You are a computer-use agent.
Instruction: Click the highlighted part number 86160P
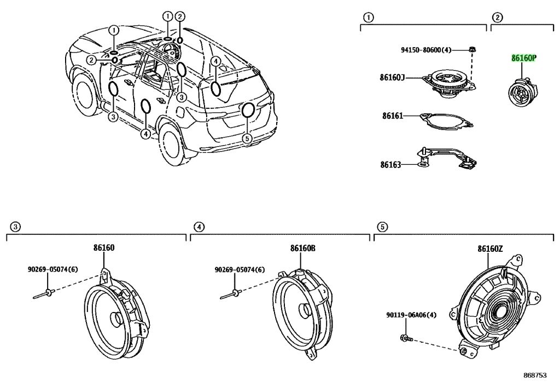pos(524,58)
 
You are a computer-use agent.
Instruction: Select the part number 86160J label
pos(392,77)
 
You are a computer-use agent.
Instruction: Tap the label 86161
pos(393,116)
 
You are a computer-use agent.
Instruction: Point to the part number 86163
pos(390,165)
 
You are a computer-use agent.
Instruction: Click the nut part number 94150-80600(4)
pos(426,50)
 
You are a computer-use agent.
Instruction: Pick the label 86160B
pos(302,248)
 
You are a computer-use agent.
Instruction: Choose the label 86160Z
pos(490,249)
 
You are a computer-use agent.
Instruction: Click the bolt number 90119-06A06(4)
pos(411,315)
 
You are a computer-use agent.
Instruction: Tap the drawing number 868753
pos(535,375)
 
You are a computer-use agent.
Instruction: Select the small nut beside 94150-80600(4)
pos(472,50)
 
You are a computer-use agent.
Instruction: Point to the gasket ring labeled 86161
pos(447,121)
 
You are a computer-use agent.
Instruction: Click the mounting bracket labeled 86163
pos(447,157)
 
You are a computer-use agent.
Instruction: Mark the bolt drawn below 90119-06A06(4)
pos(407,338)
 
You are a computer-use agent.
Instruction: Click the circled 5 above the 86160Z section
pos(382,227)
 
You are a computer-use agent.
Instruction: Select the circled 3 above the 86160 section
pos(15,227)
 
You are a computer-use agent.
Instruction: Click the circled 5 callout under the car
pos(248,138)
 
